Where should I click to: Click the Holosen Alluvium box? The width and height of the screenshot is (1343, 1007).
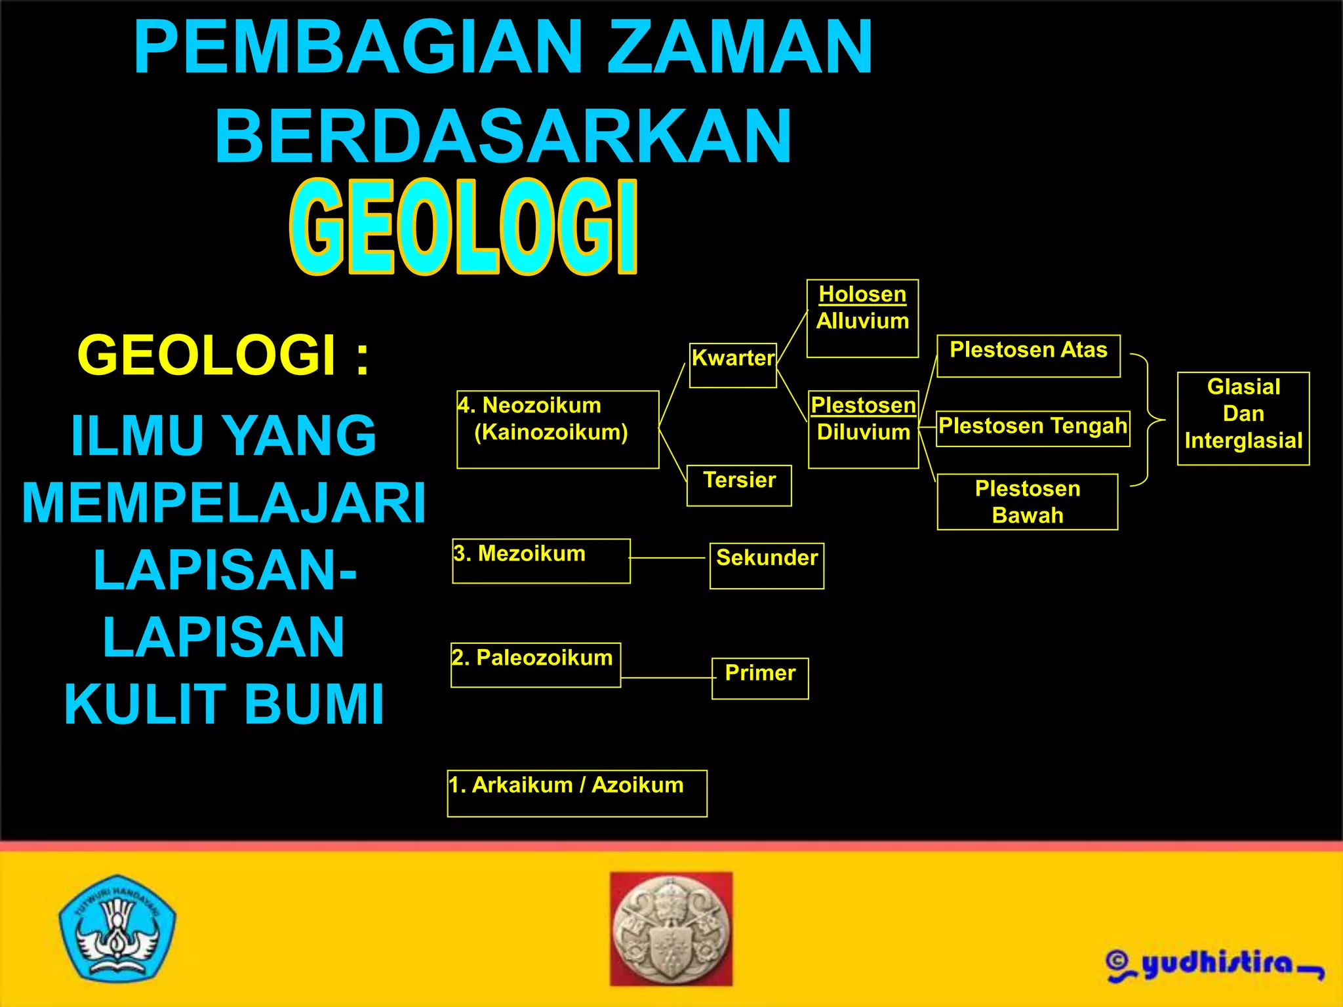click(x=862, y=318)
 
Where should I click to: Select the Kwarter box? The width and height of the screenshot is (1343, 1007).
click(x=733, y=365)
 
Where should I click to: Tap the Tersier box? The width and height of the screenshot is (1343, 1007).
click(x=739, y=486)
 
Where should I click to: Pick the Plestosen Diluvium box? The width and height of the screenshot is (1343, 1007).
click(x=863, y=429)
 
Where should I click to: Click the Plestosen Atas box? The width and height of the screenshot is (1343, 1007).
click(x=1028, y=356)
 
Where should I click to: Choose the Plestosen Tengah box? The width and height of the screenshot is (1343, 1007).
click(x=1033, y=429)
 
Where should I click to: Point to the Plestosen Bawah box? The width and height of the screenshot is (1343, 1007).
click(x=1028, y=502)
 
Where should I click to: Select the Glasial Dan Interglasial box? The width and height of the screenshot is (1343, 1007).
click(x=1243, y=418)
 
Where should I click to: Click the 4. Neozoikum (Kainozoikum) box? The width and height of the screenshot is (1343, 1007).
click(x=557, y=429)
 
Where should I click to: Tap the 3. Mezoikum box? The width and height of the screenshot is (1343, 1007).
click(x=541, y=561)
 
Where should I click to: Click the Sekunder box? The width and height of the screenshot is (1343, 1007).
click(x=767, y=565)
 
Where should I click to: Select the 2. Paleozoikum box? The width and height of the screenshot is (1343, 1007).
click(x=536, y=665)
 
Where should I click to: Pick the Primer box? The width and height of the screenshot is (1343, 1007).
click(x=760, y=679)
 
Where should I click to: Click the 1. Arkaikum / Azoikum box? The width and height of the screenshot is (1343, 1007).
click(x=577, y=793)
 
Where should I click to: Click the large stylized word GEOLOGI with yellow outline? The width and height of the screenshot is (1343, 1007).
click(x=464, y=226)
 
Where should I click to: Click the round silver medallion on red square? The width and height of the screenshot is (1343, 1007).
click(x=671, y=929)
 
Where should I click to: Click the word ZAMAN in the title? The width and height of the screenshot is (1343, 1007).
click(x=739, y=47)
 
